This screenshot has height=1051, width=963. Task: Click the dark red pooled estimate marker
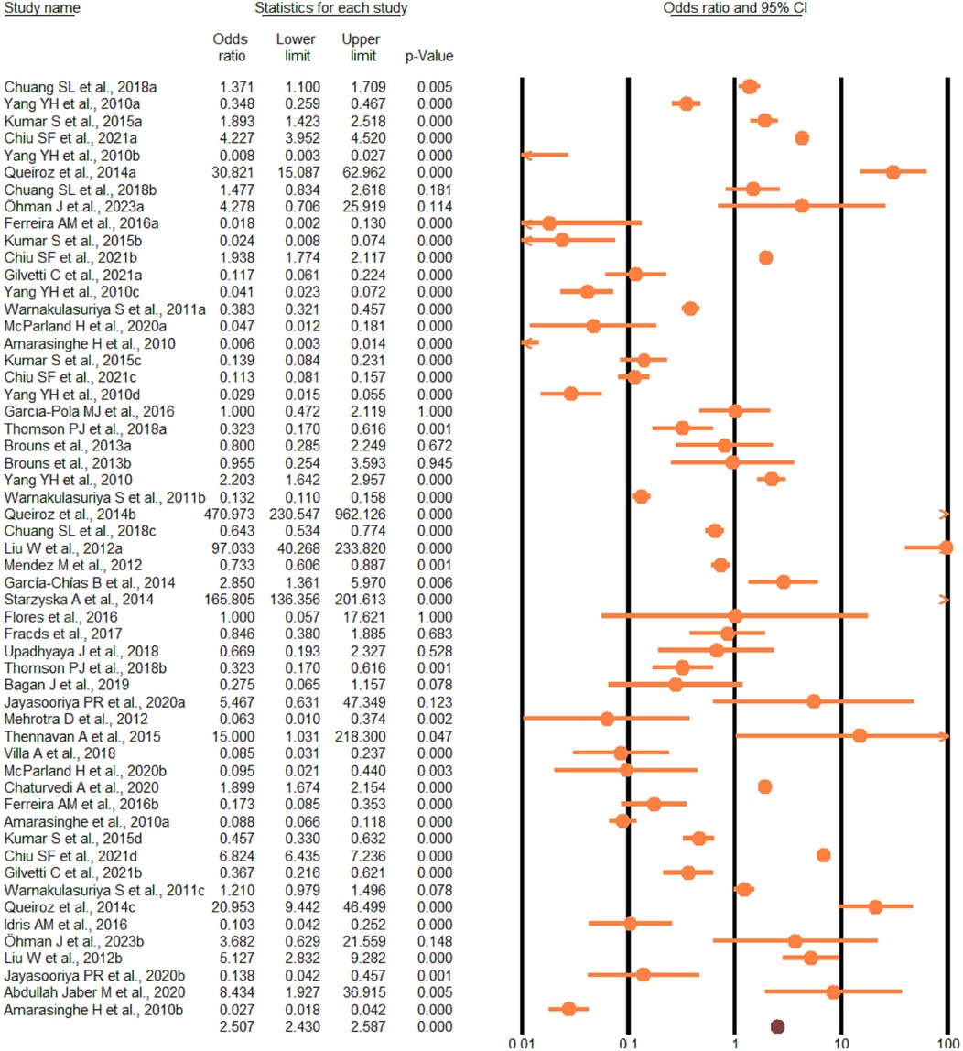(778, 1026)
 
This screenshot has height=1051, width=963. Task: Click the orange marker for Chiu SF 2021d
(823, 855)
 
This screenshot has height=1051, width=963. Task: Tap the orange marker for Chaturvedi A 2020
(764, 786)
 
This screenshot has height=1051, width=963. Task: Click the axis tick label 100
(946, 1045)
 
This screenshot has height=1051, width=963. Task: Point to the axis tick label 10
(840, 1045)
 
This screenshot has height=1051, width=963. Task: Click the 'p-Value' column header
(428, 57)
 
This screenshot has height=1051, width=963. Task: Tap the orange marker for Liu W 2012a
(946, 547)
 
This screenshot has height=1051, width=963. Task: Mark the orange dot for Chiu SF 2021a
(802, 138)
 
